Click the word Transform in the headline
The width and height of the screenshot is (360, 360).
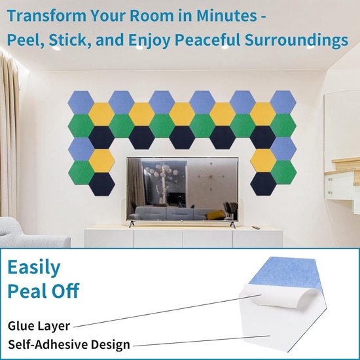(46, 16)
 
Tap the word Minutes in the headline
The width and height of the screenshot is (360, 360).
(226, 16)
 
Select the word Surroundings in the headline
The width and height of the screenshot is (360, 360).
(296, 41)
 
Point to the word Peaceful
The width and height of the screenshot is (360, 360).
(207, 39)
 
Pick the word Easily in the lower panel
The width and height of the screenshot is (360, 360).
(34, 268)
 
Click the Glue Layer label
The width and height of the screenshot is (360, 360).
(39, 326)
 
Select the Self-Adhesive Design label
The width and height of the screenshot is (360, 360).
(69, 344)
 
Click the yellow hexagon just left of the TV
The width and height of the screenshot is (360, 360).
(101, 161)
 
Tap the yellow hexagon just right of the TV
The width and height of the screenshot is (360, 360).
(263, 160)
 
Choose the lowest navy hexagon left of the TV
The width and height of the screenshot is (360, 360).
(101, 185)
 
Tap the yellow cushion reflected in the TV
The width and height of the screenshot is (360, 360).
(215, 215)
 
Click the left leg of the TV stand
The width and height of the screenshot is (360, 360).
(131, 224)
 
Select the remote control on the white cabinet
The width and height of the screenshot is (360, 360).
(256, 228)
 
